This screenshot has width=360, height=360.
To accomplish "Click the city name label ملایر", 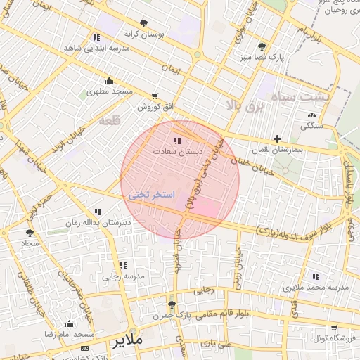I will pyautogui.click(x=127, y=341).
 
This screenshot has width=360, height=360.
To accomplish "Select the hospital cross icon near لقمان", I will pyautogui.click(x=278, y=139).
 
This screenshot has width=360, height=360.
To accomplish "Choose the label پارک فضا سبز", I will pyautogui.click(x=262, y=58).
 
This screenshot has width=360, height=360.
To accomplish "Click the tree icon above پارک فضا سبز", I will pyautogui.click(x=262, y=46).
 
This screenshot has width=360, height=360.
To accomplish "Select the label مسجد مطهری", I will pyautogui.click(x=110, y=91).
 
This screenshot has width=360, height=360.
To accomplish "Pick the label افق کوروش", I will pyautogui.click(x=155, y=107).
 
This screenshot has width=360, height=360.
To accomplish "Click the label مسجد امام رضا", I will pyautogui.click(x=69, y=335).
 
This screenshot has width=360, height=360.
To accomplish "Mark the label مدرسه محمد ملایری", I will pyautogui.click(x=315, y=288).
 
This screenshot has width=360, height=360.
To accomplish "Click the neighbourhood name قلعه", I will pyautogui.click(x=110, y=121).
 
